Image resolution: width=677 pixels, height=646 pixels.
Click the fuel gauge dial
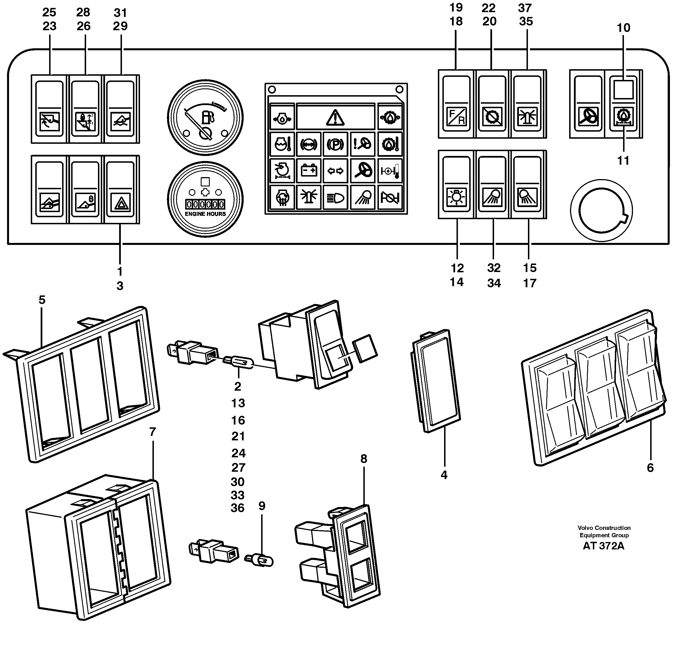tap(205, 118)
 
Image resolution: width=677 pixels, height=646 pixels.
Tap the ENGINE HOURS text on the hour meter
tap(205, 214)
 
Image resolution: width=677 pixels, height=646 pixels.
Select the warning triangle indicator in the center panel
tap(335, 118)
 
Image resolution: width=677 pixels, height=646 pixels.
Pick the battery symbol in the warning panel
tap(309, 170)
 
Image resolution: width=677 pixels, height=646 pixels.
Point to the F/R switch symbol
tap(457, 116)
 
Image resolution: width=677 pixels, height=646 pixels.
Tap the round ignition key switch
tap(601, 210)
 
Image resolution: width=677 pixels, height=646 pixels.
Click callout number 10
tap(623, 28)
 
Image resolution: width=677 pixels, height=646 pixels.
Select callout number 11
tap(623, 160)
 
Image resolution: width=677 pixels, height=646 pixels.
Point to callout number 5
tap(42, 300)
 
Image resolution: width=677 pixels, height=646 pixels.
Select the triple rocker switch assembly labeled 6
tap(594, 387)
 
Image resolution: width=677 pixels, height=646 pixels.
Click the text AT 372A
tap(603, 546)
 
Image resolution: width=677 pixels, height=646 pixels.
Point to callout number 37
tap(525, 8)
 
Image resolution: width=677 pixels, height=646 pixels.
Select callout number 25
tap(49, 12)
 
